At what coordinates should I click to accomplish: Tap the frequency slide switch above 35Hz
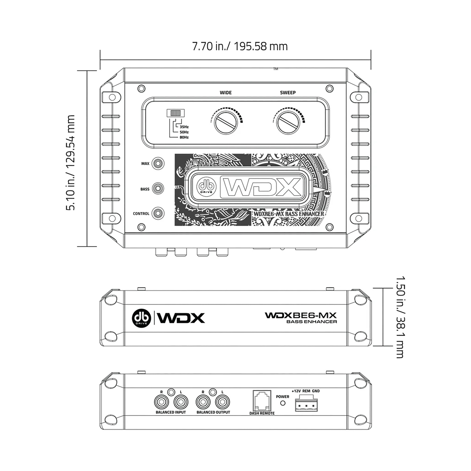[x=176, y=113]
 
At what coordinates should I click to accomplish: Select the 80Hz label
[x=184, y=137]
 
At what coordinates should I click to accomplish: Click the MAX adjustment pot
[x=158, y=164]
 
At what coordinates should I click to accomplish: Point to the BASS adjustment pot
[x=158, y=189]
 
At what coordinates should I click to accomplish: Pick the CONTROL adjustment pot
[x=158, y=214]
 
